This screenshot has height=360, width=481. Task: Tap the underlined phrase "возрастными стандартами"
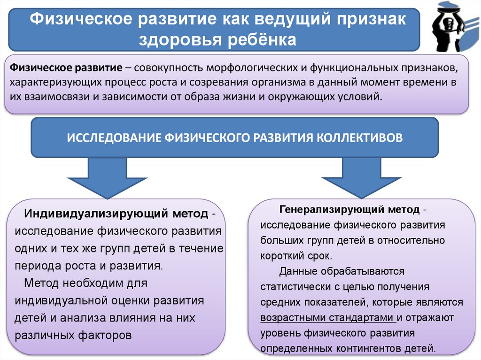[x=327, y=318]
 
